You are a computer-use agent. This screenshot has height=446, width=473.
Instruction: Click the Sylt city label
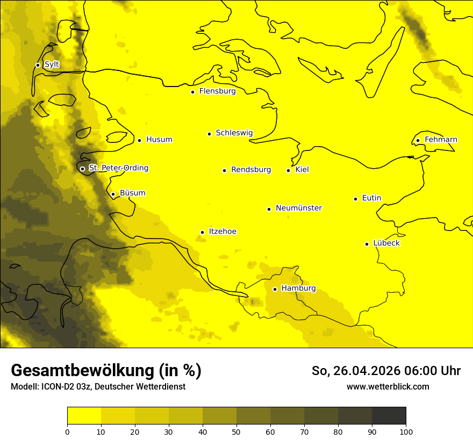pyautogui.click(x=52, y=64)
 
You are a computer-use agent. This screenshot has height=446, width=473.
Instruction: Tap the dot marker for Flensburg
pyautogui.click(x=192, y=92)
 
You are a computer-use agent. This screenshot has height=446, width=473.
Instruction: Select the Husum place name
pyautogui.click(x=159, y=140)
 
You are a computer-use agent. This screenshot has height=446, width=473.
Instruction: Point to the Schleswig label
pyautogui.click(x=234, y=133)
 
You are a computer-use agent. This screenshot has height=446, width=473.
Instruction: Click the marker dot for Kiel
pyautogui.click(x=288, y=170)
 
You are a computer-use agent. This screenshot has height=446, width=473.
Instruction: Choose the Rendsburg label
pyautogui.click(x=251, y=170)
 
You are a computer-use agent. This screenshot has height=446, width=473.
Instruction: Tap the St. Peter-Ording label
pyautogui.click(x=118, y=168)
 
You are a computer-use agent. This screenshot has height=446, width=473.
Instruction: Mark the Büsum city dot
pyautogui.click(x=113, y=194)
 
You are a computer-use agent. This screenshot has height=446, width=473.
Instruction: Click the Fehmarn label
pyautogui.click(x=441, y=140)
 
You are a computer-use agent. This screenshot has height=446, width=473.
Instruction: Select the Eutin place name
pyautogui.click(x=371, y=198)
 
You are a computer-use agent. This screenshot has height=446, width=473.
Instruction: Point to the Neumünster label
pyautogui.click(x=299, y=208)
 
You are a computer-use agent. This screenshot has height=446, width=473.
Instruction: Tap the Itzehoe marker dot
pyautogui.click(x=202, y=232)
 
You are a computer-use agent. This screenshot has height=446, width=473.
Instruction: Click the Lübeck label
pyautogui.click(x=386, y=243)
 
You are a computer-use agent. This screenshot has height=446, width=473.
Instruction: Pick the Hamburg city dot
pyautogui.click(x=275, y=289)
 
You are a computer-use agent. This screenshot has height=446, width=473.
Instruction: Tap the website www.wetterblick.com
pyautogui.click(x=388, y=387)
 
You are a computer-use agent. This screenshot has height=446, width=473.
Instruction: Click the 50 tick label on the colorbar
pyautogui.click(x=236, y=431)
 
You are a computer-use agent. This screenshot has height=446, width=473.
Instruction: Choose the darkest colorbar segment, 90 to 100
pyautogui.click(x=389, y=416)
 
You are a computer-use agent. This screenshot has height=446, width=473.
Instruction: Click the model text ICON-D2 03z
pyautogui.click(x=68, y=387)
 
